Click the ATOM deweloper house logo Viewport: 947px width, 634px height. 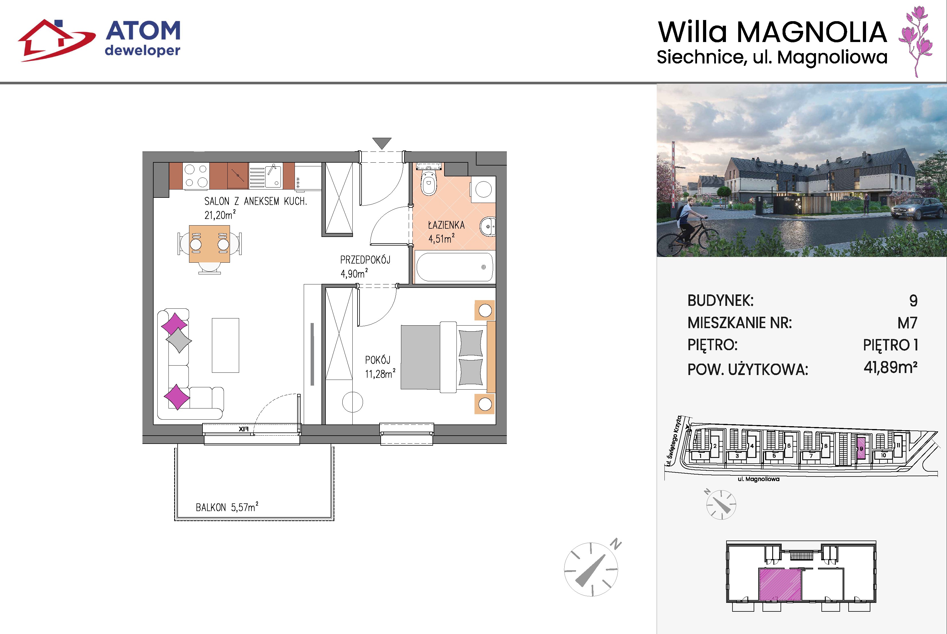57,40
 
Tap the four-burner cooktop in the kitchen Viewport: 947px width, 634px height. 196,176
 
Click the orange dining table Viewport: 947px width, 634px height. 210,244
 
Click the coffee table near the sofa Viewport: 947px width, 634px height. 225,345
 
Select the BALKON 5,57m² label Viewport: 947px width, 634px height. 227,507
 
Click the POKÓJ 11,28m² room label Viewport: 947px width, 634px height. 380,367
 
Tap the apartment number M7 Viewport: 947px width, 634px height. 907,323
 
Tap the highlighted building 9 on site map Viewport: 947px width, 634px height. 861,448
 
